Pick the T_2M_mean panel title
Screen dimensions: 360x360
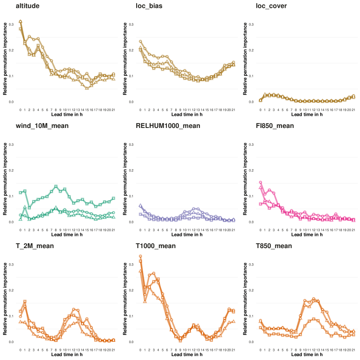pos(34,246)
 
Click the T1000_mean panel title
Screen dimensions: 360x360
pos(156,246)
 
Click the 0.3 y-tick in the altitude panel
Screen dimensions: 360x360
pos(11,25)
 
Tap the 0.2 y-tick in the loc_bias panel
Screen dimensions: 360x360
pos(131,50)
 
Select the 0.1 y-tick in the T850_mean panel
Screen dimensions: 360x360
pos(251,316)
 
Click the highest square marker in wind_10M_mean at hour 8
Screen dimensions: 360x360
pos(56,187)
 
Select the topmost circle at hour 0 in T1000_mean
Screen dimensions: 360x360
pos(141,256)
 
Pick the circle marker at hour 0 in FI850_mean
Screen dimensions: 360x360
pos(261,183)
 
